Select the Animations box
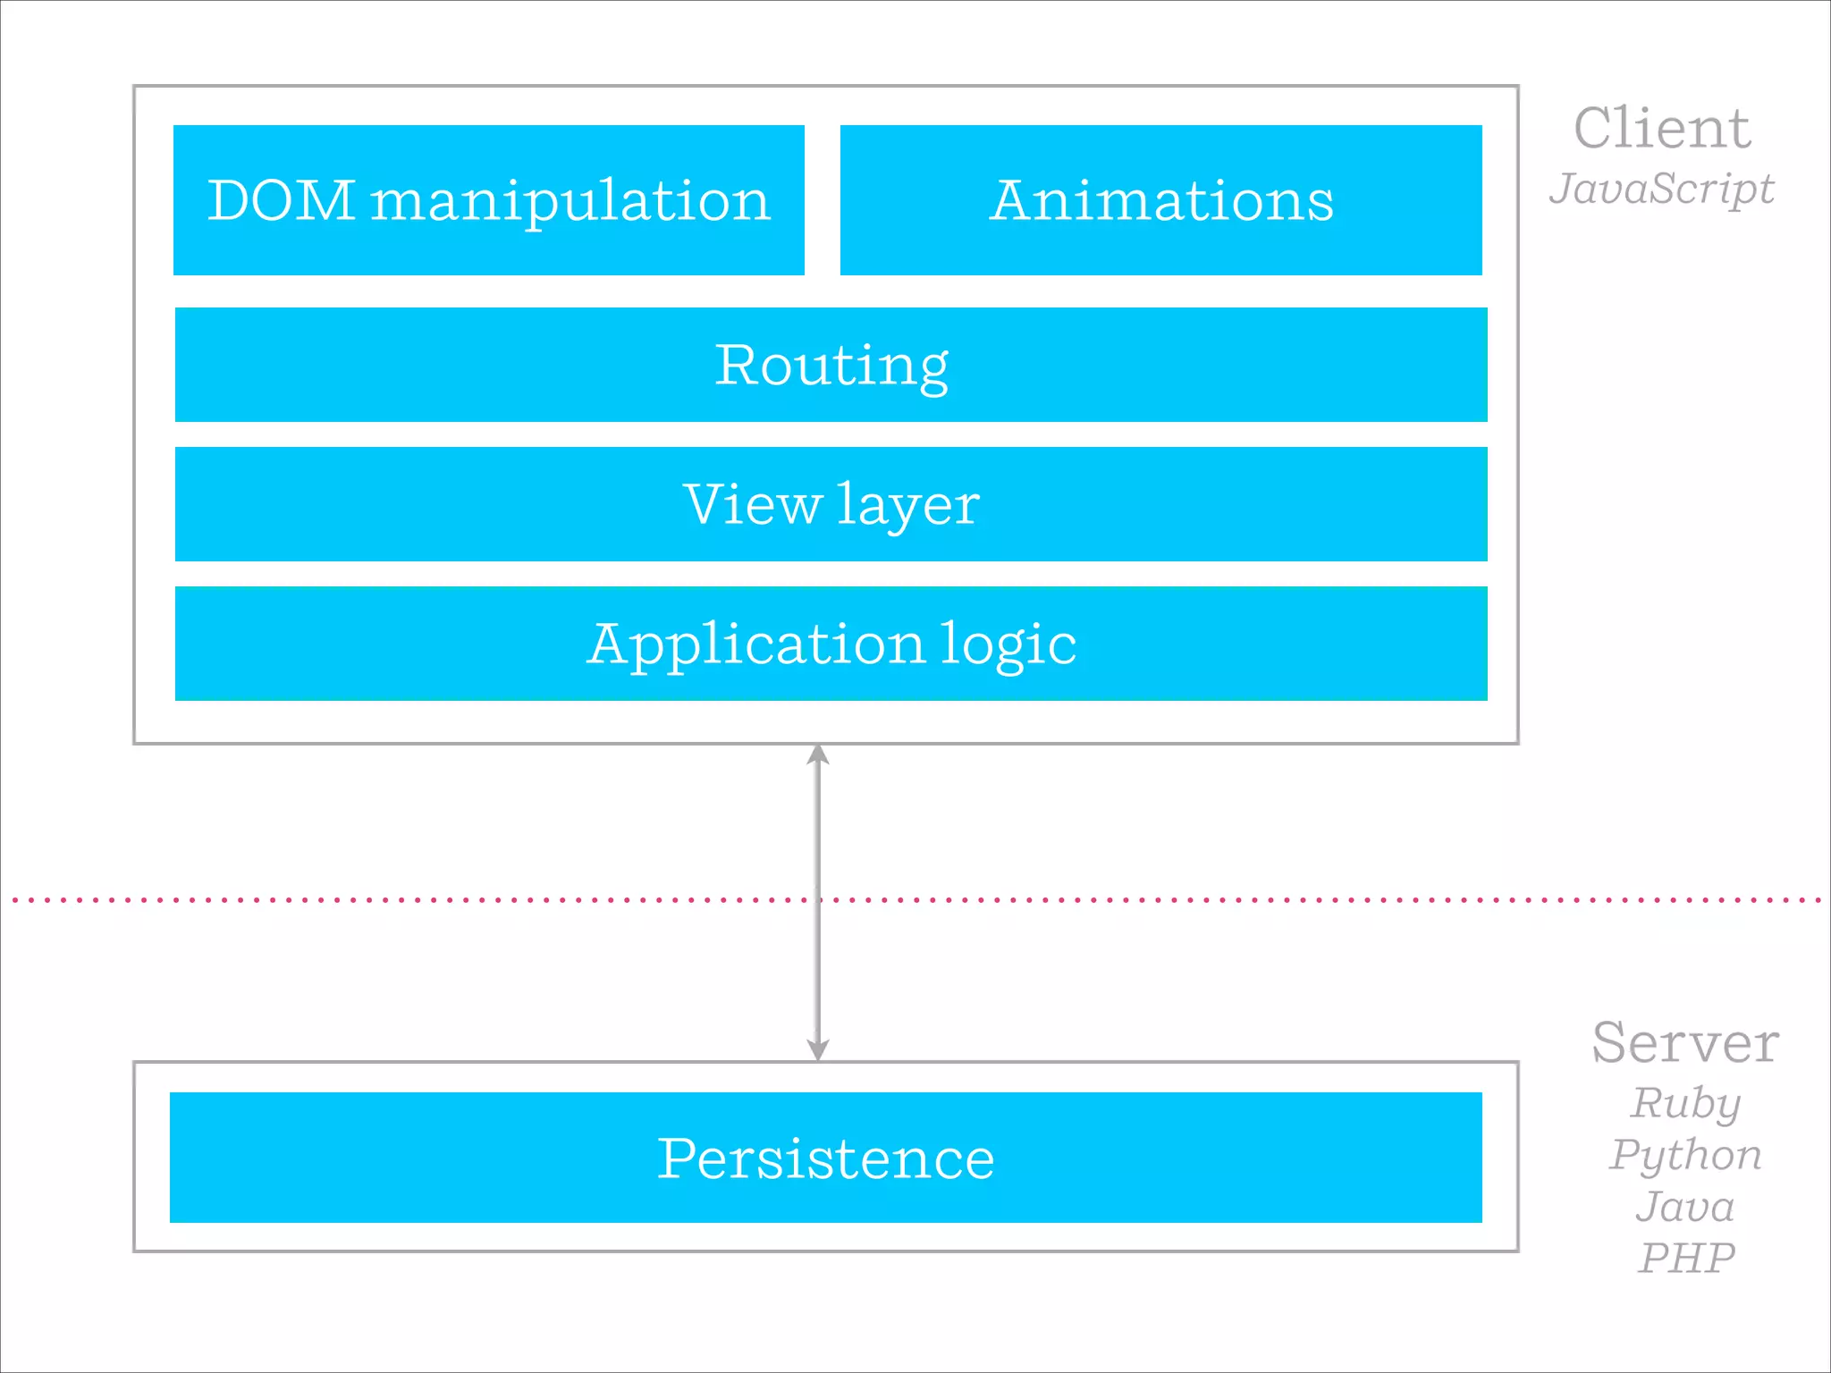coord(1160,200)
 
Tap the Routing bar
coord(831,365)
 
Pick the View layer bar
coord(831,504)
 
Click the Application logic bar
coord(831,644)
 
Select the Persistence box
coord(825,1158)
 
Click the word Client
coord(1661,128)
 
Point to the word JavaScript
coord(1661,189)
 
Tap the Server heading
coord(1685,1042)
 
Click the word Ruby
coord(1685,1103)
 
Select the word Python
coord(1685,1155)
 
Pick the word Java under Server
coord(1685,1207)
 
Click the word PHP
coord(1685,1259)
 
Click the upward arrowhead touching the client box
coord(818,755)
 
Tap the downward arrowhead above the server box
coord(818,1049)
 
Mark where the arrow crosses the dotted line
coord(818,899)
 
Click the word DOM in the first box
coord(281,200)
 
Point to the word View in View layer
coord(752,504)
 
